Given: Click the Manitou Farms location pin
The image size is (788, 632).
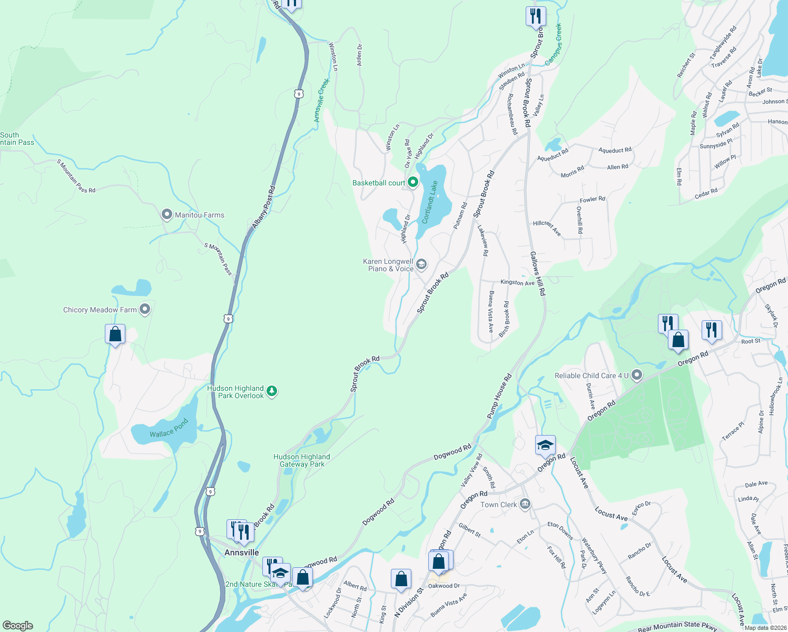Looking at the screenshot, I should [167, 214].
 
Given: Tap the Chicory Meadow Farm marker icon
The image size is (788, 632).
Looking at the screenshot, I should [145, 310].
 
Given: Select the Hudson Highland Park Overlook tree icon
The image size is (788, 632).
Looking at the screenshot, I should [272, 391].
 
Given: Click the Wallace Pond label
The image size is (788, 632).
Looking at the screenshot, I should [169, 429].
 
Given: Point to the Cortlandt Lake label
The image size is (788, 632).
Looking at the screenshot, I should [430, 202].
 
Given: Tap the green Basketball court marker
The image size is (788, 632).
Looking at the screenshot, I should [413, 183].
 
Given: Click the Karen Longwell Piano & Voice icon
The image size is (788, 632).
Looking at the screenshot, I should [421, 264].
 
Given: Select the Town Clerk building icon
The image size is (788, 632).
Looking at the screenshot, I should [525, 505].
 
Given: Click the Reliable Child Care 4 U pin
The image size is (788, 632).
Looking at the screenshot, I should [637, 376].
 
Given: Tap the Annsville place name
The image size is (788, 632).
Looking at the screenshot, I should [242, 552].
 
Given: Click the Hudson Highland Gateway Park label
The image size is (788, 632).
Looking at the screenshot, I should [302, 460].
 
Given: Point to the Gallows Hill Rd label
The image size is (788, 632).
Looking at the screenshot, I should [537, 273].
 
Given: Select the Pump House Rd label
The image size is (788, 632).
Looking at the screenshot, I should [499, 397].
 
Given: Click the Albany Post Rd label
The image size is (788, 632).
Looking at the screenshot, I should [263, 207].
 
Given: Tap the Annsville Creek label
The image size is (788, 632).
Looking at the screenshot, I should [321, 101].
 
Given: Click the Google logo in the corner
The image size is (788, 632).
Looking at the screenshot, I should [18, 625].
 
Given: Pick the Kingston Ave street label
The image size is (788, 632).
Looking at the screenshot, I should [517, 283].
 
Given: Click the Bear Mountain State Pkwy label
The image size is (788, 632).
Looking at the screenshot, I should [677, 626].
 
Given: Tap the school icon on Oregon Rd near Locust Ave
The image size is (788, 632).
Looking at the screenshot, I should [545, 446].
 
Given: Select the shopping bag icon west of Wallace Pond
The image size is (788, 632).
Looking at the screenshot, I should [115, 334].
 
